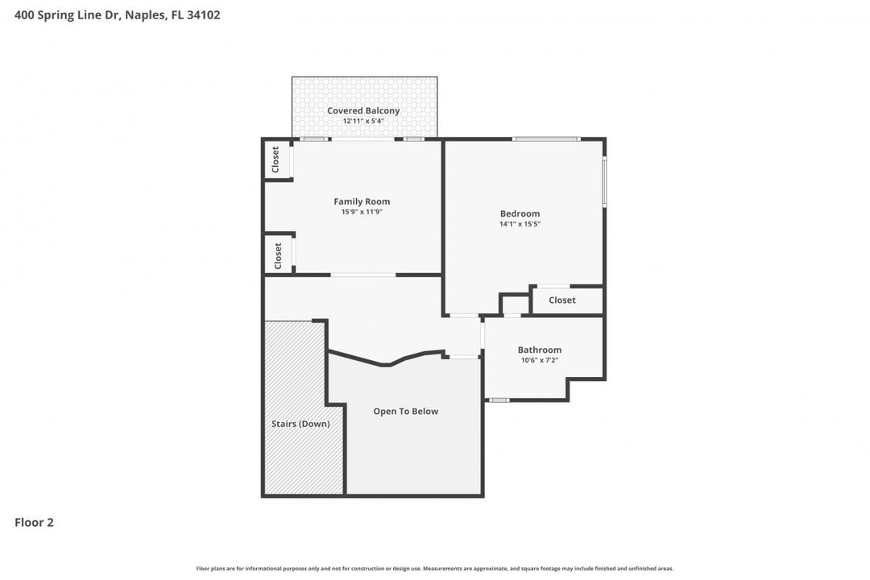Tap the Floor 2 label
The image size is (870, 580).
pyautogui.click(x=34, y=523)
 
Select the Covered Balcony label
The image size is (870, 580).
pyautogui.click(x=363, y=110)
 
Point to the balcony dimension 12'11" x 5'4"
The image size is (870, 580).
pyautogui.click(x=363, y=121)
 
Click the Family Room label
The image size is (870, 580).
pyautogui.click(x=362, y=201)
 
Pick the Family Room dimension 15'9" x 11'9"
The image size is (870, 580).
pyautogui.click(x=362, y=212)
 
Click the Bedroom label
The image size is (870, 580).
pyautogui.click(x=520, y=213)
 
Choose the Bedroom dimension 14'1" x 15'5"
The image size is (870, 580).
pyautogui.click(x=520, y=224)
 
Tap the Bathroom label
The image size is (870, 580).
pyautogui.click(x=539, y=350)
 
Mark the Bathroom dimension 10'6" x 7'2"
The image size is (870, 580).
pyautogui.click(x=539, y=360)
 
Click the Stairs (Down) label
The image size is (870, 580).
pyautogui.click(x=300, y=424)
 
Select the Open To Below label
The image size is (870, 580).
pyautogui.click(x=405, y=411)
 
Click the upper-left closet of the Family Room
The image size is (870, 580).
pyautogui.click(x=276, y=159)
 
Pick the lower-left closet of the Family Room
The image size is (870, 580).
pyautogui.click(x=278, y=255)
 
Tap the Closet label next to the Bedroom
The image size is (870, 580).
pyautogui.click(x=561, y=300)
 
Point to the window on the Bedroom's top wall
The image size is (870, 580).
pyautogui.click(x=546, y=139)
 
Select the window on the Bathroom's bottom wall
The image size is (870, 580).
pyautogui.click(x=499, y=400)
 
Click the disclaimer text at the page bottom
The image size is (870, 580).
pyautogui.click(x=435, y=569)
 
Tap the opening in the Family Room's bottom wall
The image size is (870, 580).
pyautogui.click(x=362, y=275)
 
